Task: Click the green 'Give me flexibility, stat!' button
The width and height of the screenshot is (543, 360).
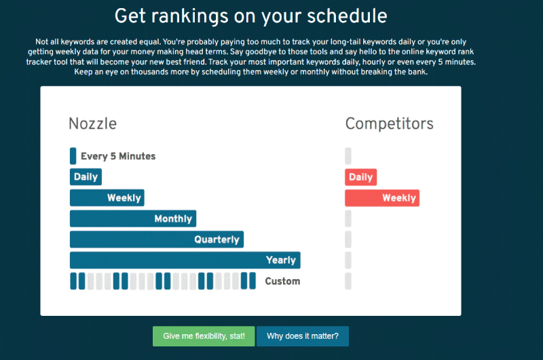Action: click(x=204, y=336)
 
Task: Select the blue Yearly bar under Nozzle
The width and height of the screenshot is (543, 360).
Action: click(x=185, y=260)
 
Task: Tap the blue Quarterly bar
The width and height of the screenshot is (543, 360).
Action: click(x=157, y=239)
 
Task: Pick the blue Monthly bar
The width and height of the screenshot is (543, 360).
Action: click(x=133, y=219)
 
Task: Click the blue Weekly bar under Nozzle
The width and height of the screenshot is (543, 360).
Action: click(x=107, y=198)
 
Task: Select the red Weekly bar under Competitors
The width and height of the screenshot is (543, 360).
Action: click(x=382, y=198)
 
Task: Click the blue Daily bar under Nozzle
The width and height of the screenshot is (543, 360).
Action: click(x=86, y=177)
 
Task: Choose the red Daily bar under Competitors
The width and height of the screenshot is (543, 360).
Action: click(x=360, y=177)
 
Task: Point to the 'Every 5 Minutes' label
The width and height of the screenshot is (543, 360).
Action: click(x=118, y=156)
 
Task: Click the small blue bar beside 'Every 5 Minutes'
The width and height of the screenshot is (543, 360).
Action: click(x=73, y=156)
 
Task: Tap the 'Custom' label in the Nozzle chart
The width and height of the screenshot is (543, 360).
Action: click(x=282, y=281)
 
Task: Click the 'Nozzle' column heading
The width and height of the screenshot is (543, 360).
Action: click(x=93, y=124)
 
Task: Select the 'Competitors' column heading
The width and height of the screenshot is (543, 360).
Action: click(x=389, y=124)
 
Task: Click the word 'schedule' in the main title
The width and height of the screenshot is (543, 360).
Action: click(x=347, y=16)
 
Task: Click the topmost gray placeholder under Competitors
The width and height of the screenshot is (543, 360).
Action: click(x=348, y=156)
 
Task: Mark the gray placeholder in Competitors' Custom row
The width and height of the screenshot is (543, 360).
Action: click(x=348, y=281)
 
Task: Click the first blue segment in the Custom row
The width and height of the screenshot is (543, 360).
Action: click(x=73, y=281)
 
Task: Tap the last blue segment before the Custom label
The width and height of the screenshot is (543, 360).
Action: click(x=252, y=281)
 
